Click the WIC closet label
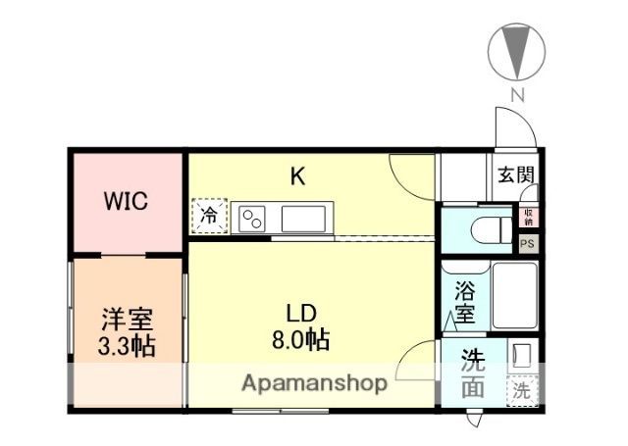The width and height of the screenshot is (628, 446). point(127,203)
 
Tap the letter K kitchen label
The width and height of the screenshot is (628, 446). point(297,177)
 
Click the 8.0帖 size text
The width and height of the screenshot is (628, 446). point(300,340)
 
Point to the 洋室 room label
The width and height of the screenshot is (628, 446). point(129,320)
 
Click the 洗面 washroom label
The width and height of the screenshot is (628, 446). point(474,373)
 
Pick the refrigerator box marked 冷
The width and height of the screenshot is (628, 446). point(208,216)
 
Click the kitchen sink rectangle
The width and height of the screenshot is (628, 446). point(306,218)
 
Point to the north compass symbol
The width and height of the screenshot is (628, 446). point(517,54)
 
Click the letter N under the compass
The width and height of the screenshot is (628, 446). point(517,95)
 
